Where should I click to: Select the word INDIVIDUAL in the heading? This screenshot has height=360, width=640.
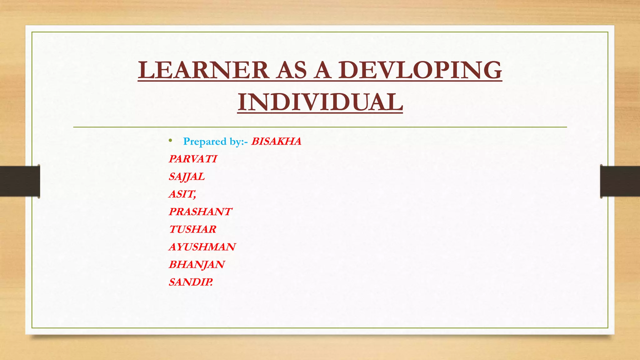(x=320, y=102)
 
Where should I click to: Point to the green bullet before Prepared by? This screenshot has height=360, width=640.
(x=170, y=141)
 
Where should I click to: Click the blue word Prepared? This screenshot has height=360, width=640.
(x=205, y=142)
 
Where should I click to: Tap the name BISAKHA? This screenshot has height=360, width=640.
(x=276, y=141)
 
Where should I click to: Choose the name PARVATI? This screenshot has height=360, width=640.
(x=193, y=159)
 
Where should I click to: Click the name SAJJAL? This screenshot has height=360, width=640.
(x=187, y=177)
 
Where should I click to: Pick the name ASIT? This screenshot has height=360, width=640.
(x=182, y=194)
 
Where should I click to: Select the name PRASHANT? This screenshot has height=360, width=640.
(x=200, y=212)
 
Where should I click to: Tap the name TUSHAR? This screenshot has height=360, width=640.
(x=192, y=229)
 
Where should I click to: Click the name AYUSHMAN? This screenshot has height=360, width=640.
(x=202, y=247)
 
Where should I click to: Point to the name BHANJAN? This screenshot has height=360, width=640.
(x=197, y=264)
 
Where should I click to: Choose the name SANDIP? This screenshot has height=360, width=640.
(x=191, y=282)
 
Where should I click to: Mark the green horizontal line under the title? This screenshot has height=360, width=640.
(x=320, y=127)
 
